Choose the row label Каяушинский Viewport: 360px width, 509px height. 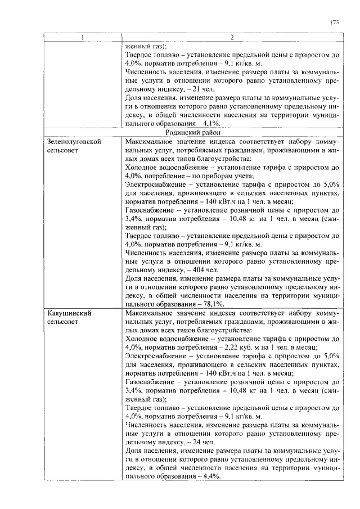click(x=69, y=312)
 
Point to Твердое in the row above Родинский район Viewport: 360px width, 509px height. click(x=141, y=55)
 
